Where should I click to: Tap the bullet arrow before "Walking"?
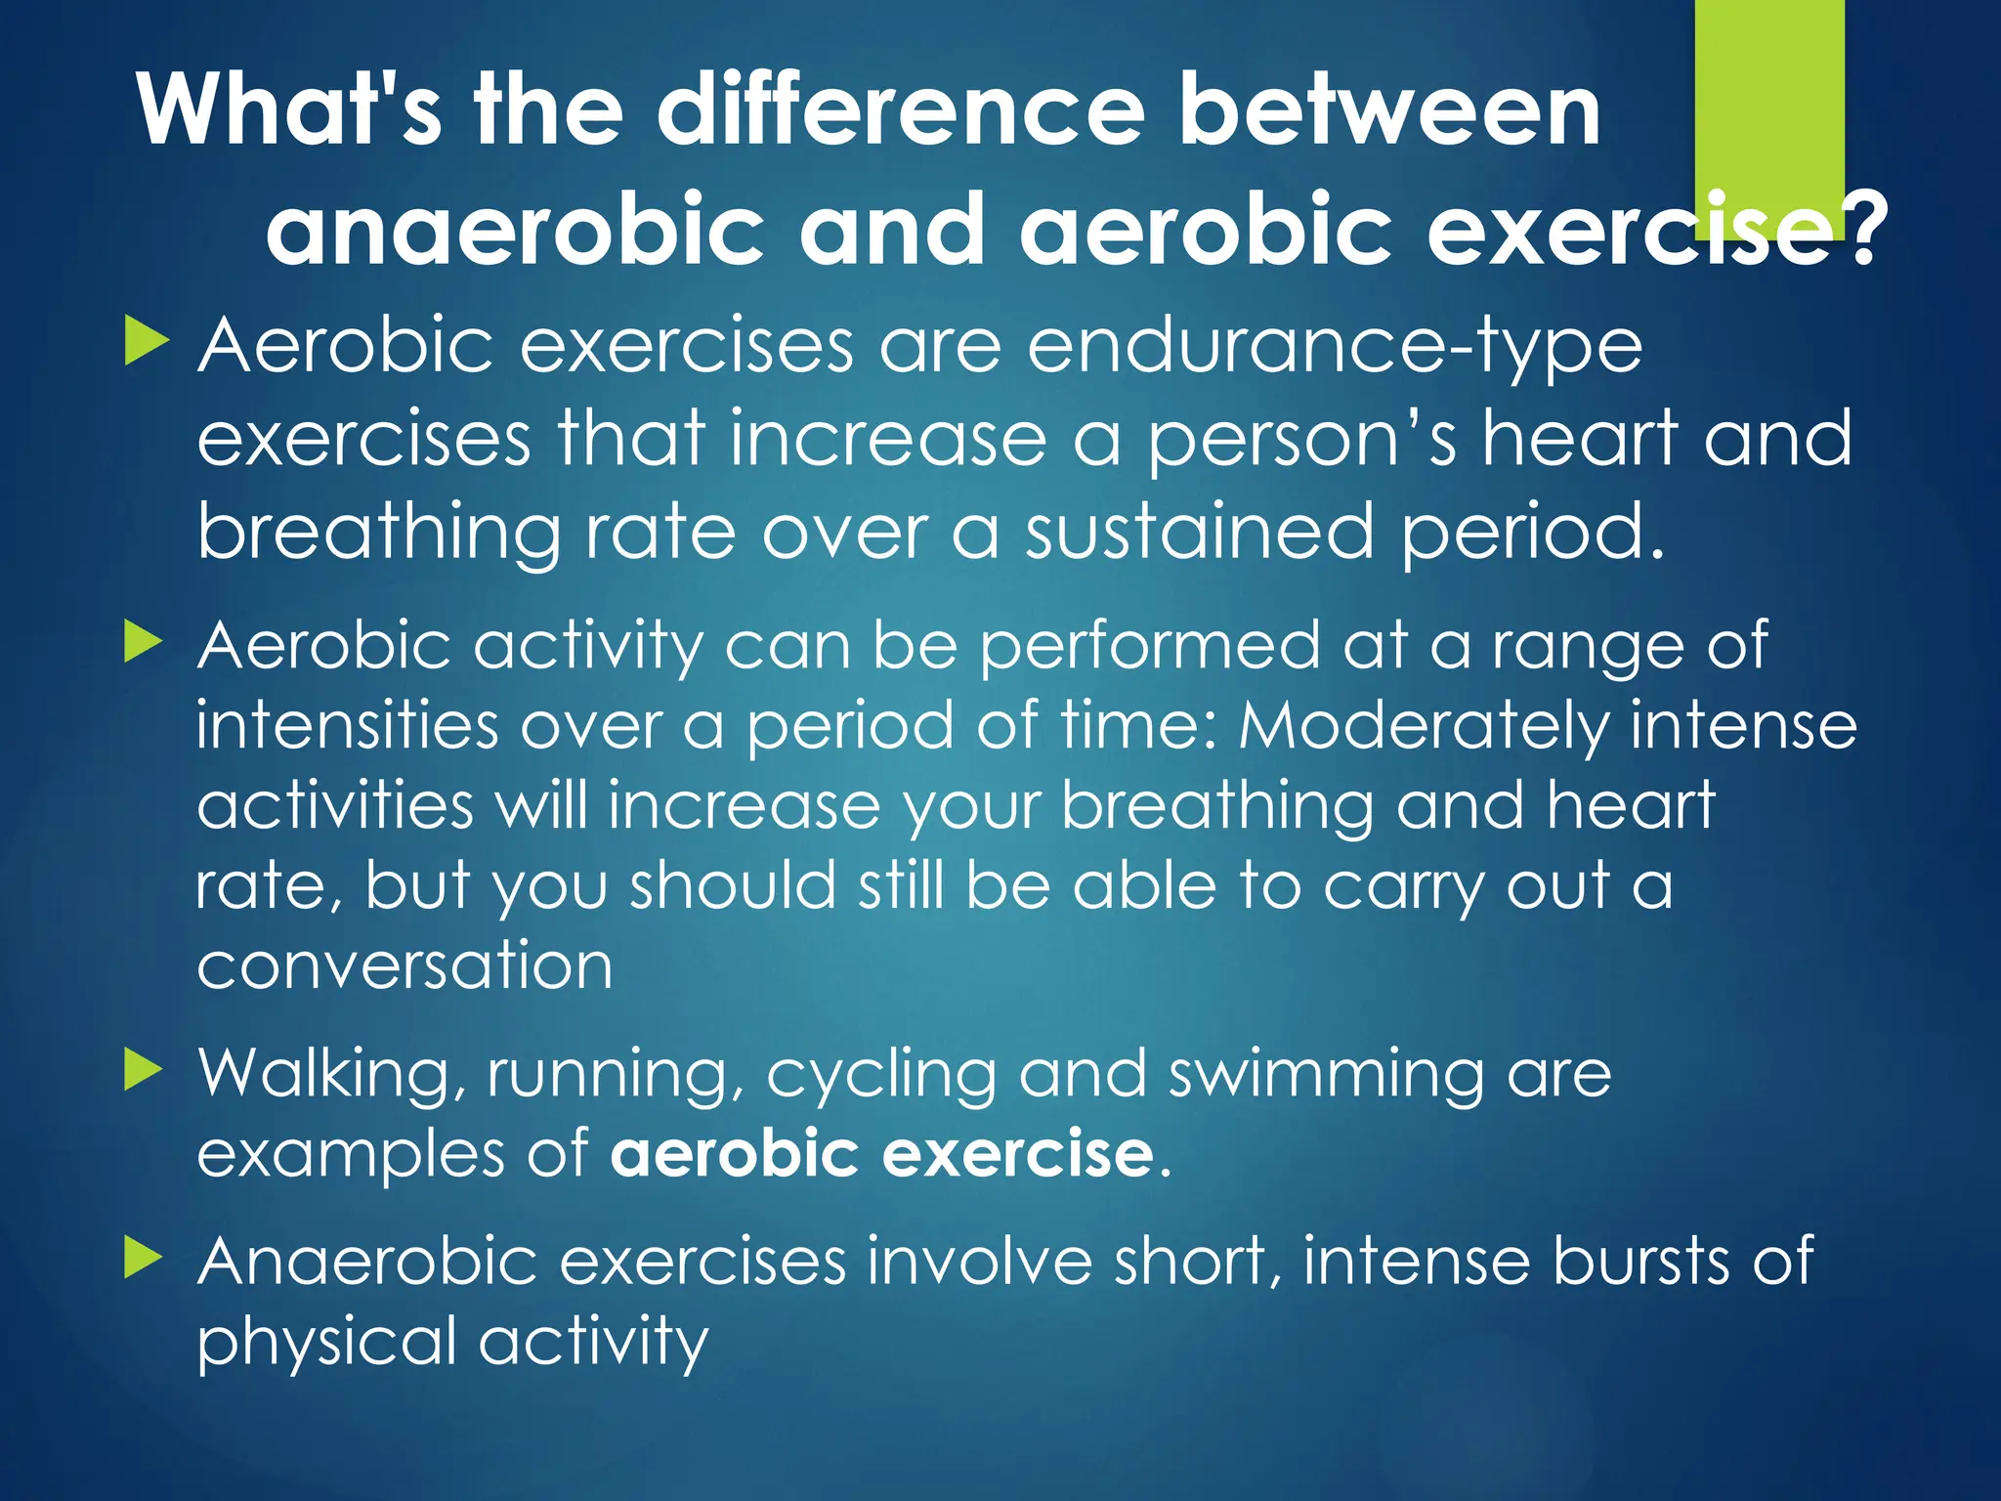click(x=146, y=1071)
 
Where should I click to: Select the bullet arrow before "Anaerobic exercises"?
click(x=146, y=1259)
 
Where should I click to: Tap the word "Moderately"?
click(x=1425, y=726)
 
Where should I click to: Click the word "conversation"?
click(x=404, y=965)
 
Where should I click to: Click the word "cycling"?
click(x=879, y=1075)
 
